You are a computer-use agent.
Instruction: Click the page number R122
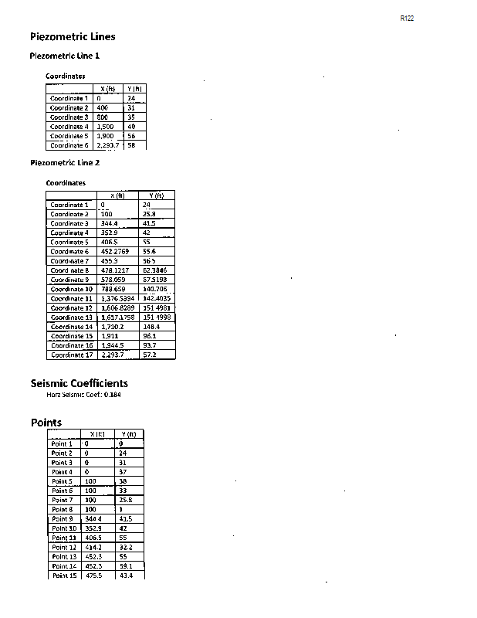tap(408, 18)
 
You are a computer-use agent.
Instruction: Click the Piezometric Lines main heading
tap(73, 36)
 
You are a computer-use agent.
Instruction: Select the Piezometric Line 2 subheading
tap(65, 163)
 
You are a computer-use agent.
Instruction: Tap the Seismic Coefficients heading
tap(79, 383)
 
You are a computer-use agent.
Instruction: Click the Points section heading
tap(46, 423)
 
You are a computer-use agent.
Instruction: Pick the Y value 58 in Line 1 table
tap(131, 145)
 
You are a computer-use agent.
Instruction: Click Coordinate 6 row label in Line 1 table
tap(69, 145)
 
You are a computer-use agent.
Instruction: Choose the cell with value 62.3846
tap(156, 270)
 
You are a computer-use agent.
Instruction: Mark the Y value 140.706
tap(156, 289)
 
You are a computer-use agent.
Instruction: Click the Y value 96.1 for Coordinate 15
tap(150, 336)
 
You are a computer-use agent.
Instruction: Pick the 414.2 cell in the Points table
tap(94, 547)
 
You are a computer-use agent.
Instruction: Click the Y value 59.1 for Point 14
tap(127, 566)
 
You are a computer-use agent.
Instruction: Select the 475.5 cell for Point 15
tap(94, 576)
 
